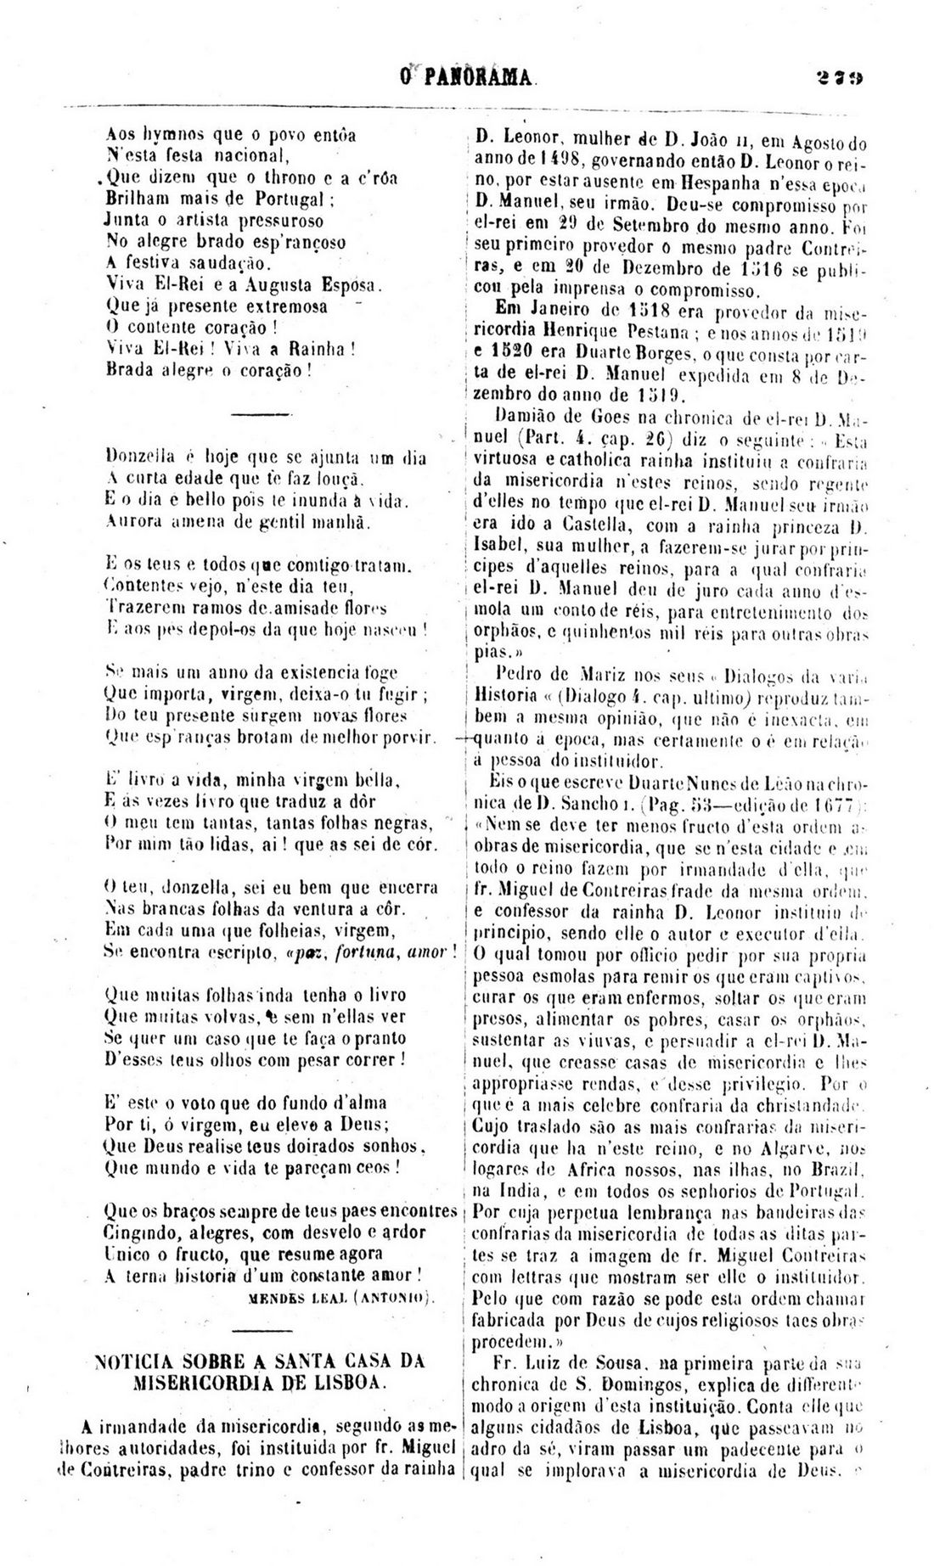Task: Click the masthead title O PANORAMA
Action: pos(467,78)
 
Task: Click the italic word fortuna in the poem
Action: pos(366,952)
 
